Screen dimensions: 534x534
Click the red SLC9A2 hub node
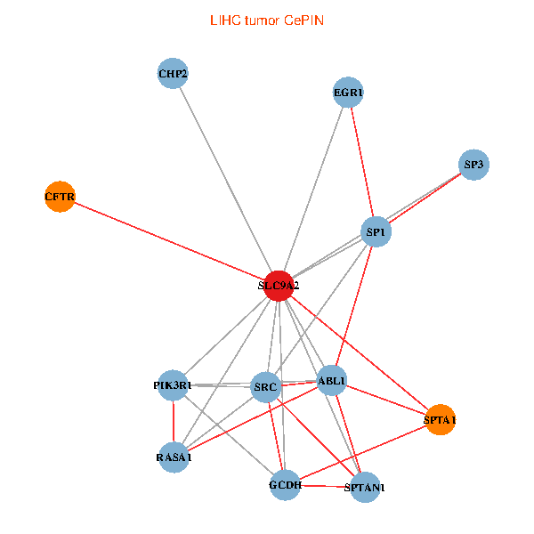click(x=279, y=286)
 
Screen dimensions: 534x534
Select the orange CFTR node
click(x=60, y=196)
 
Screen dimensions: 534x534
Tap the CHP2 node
click(x=173, y=73)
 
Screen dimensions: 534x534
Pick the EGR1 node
click(x=348, y=93)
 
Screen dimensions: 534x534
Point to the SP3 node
click(x=474, y=165)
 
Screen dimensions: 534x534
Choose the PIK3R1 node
click(x=173, y=385)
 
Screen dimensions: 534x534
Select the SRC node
click(x=266, y=387)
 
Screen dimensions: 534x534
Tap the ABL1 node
click(x=332, y=382)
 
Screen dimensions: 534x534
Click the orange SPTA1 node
click(x=440, y=419)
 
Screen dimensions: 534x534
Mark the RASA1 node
click(x=174, y=457)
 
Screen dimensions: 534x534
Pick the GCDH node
click(x=285, y=485)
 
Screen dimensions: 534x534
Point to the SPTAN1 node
click(x=365, y=487)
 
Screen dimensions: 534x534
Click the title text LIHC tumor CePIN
click(x=267, y=20)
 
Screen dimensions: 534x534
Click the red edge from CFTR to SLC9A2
click(x=169, y=240)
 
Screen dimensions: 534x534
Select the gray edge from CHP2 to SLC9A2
click(x=226, y=179)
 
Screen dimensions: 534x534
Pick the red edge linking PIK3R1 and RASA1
click(x=174, y=422)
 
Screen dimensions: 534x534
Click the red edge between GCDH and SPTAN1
click(x=325, y=486)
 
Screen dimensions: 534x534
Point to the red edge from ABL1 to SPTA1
click(x=385, y=400)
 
